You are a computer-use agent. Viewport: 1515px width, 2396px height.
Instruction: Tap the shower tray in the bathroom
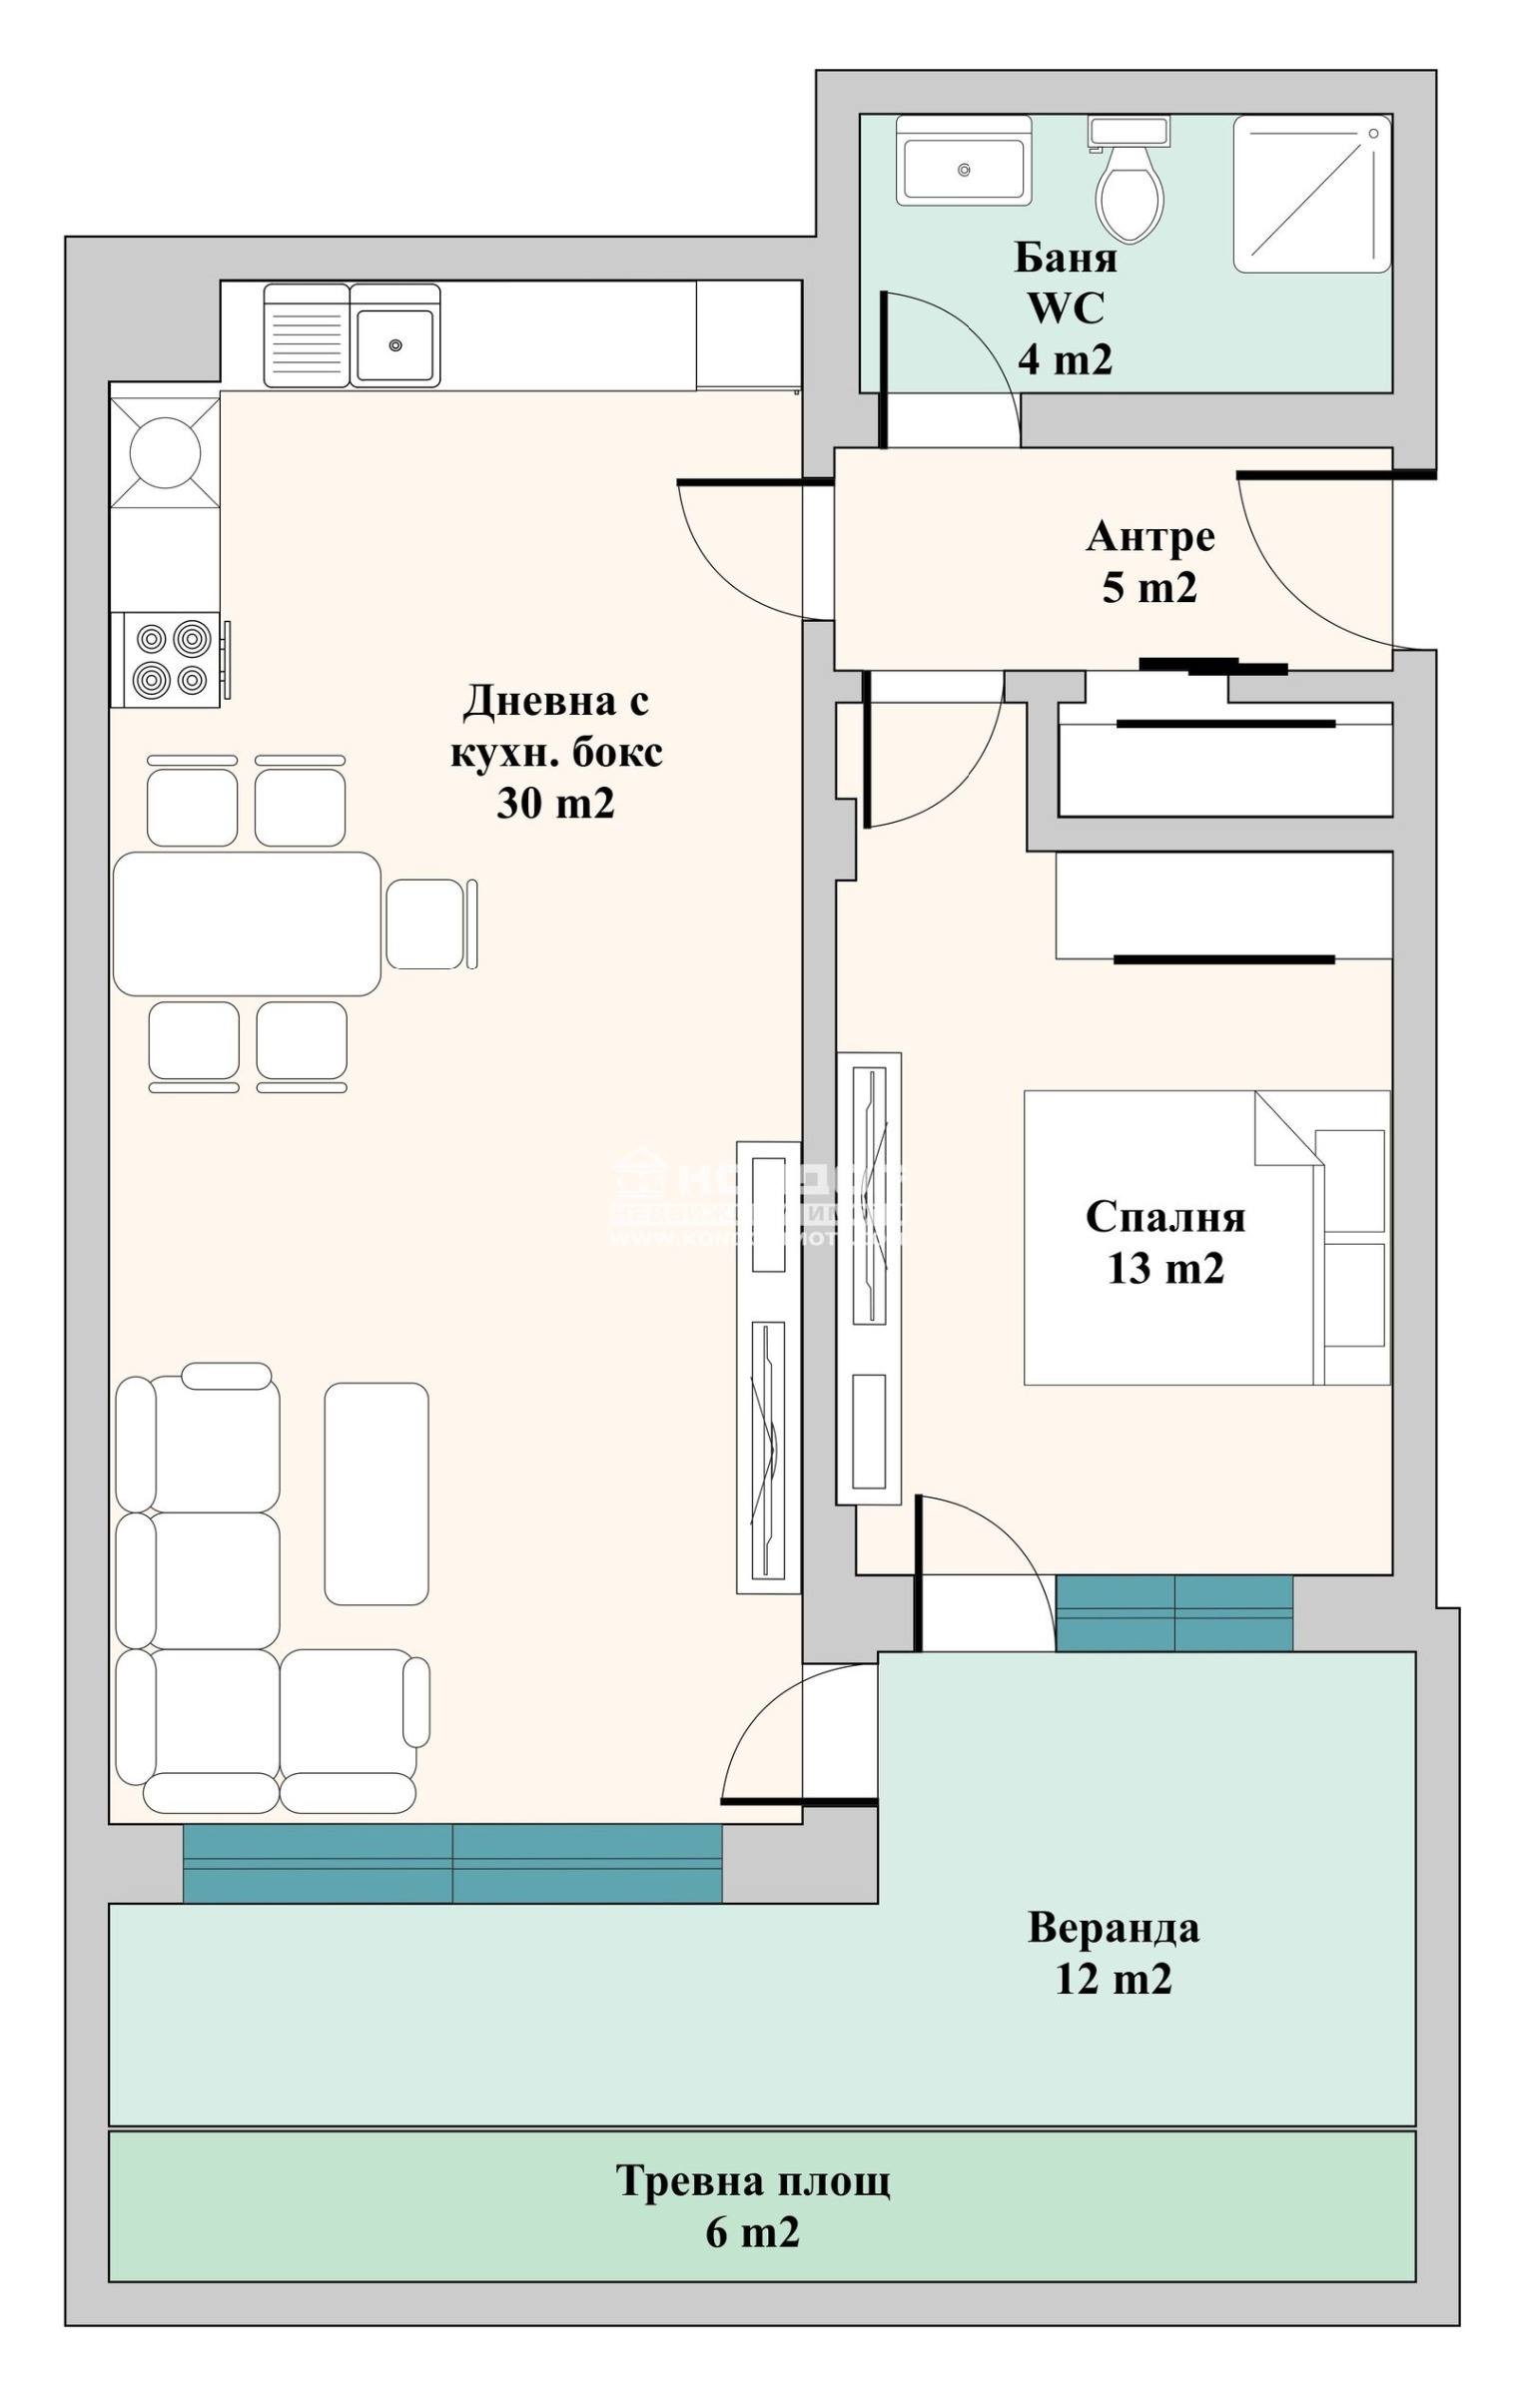pyautogui.click(x=1311, y=194)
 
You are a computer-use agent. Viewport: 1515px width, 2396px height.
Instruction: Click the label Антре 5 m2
pyautogui.click(x=1149, y=561)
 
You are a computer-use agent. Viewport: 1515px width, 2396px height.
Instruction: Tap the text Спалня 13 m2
pyautogui.click(x=1164, y=1241)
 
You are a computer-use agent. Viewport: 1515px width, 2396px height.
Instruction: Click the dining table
pyautogui.click(x=247, y=923)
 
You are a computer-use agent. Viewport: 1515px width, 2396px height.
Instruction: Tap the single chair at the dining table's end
pyautogui.click(x=426, y=923)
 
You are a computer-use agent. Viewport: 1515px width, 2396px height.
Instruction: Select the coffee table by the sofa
pyautogui.click(x=376, y=1494)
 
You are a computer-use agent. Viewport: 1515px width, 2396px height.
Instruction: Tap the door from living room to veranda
pyautogui.click(x=789, y=1737)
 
